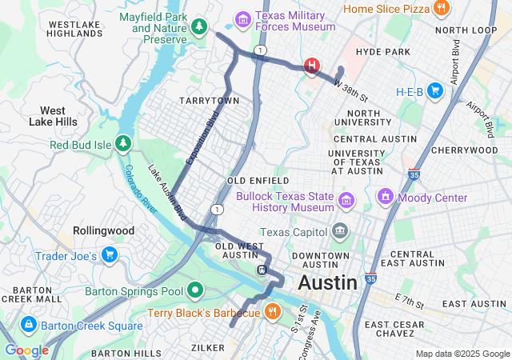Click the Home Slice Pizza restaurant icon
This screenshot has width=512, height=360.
click(x=441, y=9)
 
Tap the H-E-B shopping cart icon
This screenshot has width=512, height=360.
click(x=434, y=91)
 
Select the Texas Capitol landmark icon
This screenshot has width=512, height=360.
click(x=341, y=233)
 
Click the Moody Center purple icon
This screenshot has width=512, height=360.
click(x=385, y=197)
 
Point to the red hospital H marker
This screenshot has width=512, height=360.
click(x=311, y=66)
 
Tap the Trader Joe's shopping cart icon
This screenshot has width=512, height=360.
click(x=110, y=256)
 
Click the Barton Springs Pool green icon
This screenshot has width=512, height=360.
click(x=196, y=290)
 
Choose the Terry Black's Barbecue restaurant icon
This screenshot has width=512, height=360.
click(x=272, y=312)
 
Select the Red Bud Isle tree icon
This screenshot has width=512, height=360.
click(x=122, y=144)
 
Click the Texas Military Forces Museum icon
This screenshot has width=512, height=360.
click(x=242, y=18)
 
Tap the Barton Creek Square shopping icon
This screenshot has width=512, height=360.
click(x=28, y=325)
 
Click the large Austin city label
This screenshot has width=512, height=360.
click(x=327, y=282)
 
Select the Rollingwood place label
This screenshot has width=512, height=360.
click(x=103, y=230)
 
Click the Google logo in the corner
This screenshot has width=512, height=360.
click(x=26, y=350)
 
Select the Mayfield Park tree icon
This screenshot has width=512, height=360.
click(x=197, y=27)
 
